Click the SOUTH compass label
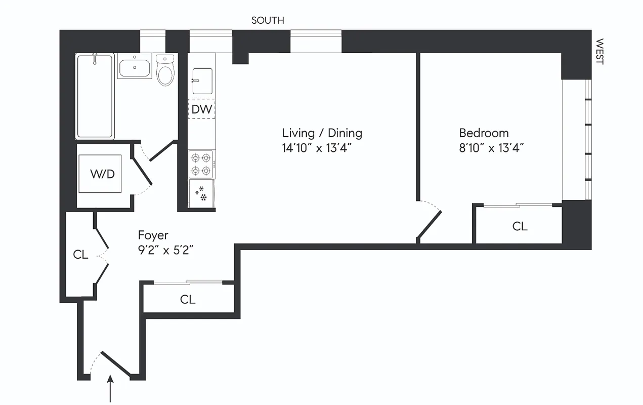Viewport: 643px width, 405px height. pos(268,21)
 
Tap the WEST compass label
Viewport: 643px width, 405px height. pos(599,52)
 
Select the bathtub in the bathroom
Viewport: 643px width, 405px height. pos(95,96)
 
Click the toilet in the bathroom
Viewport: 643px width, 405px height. pos(165,70)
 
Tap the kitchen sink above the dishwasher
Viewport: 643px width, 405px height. pos(202,81)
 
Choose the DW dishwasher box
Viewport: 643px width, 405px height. pos(202,109)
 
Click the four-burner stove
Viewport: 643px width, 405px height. pos(201,164)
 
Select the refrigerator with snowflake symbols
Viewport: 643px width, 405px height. pos(201,193)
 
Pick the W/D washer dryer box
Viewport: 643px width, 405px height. pos(100,174)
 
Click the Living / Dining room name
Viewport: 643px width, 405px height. pos(322,133)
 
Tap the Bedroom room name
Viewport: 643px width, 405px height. pos(484,133)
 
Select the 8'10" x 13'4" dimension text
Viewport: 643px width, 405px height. pos(491,148)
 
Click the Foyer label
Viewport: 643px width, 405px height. pos(153,235)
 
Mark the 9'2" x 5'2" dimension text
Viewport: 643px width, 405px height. pos(166,250)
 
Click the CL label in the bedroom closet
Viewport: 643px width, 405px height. pos(520,226)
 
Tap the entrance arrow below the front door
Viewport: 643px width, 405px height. pos(111,388)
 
